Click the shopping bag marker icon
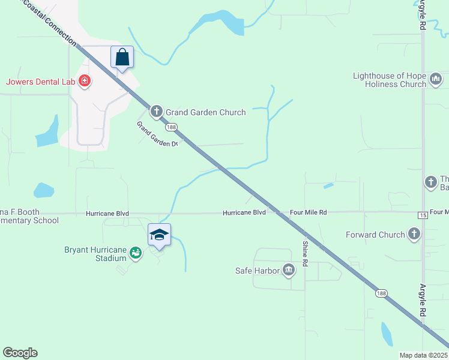coord(122,58)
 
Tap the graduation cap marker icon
coord(159,235)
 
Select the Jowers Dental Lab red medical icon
coord(85,81)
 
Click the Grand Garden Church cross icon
coord(157,111)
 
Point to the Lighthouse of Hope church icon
coord(436,79)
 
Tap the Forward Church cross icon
coord(414,234)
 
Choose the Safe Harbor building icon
coord(289,270)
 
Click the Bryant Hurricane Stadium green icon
coord(137,253)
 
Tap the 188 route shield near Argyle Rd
coord(381,293)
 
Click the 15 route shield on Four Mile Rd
coord(422,215)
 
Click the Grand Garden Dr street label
coord(158,134)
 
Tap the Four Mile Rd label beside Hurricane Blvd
coord(308,212)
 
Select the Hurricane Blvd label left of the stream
coord(107,213)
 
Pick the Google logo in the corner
coord(20,352)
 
